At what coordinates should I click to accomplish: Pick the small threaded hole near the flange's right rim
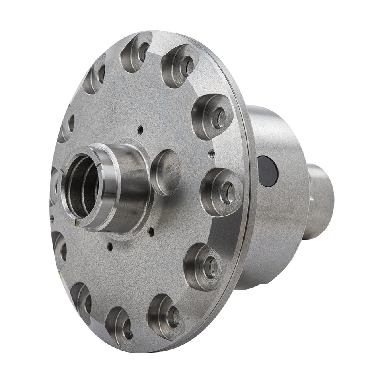(x=211, y=152)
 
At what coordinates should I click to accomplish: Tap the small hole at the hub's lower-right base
(x=151, y=230)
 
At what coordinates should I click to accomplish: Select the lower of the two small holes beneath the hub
(x=110, y=247)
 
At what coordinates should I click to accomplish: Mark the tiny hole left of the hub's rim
(x=52, y=218)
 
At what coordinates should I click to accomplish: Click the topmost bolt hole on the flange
(x=137, y=52)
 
